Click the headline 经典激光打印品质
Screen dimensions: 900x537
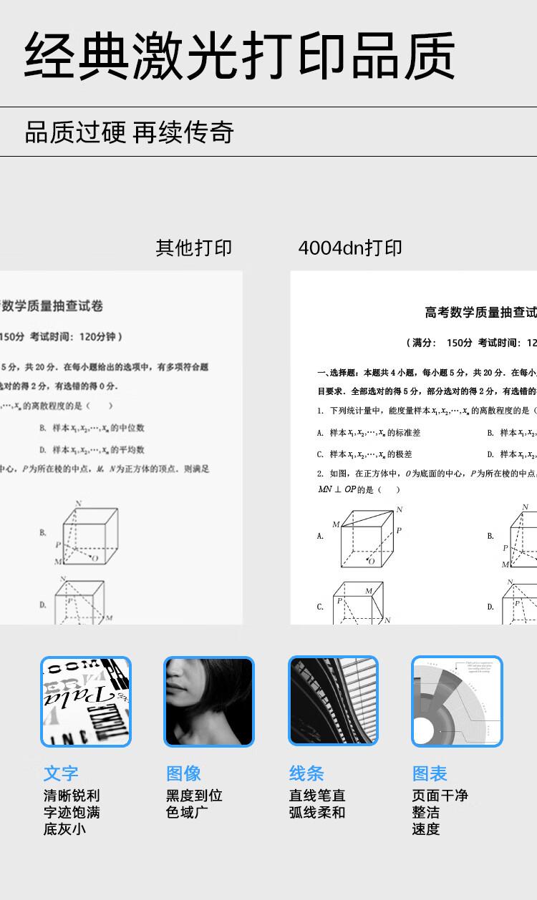pyautogui.click(x=240, y=55)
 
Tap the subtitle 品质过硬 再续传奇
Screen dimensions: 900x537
pyautogui.click(x=130, y=132)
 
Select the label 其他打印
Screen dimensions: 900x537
pyautogui.click(x=194, y=248)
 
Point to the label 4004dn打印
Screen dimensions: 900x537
pyautogui.click(x=350, y=248)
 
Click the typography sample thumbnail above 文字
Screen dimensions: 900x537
pyautogui.click(x=86, y=702)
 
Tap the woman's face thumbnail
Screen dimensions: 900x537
pyautogui.click(x=209, y=702)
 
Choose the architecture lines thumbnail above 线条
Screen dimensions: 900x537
pyautogui.click(x=333, y=702)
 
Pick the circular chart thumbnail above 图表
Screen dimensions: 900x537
pyautogui.click(x=457, y=702)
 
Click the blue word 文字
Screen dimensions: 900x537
pyautogui.click(x=61, y=773)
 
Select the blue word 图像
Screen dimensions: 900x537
pyautogui.click(x=184, y=773)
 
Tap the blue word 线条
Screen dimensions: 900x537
pyautogui.click(x=307, y=773)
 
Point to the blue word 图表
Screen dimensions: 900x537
pyautogui.click(x=430, y=773)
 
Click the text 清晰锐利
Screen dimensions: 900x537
pyautogui.click(x=72, y=796)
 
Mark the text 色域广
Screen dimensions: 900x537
pyautogui.click(x=184, y=813)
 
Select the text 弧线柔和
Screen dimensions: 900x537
pyautogui.click(x=317, y=813)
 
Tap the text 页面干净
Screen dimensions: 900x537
pyautogui.click(x=440, y=796)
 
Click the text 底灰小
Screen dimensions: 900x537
pyautogui.click(x=64, y=830)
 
